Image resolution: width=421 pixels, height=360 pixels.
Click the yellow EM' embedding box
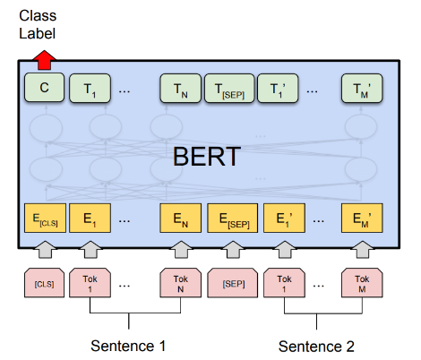(361, 219)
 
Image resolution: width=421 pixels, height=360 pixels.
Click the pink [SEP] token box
(228, 283)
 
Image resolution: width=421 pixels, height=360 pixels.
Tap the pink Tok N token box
(180, 283)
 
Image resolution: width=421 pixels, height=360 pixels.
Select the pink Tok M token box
(361, 283)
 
